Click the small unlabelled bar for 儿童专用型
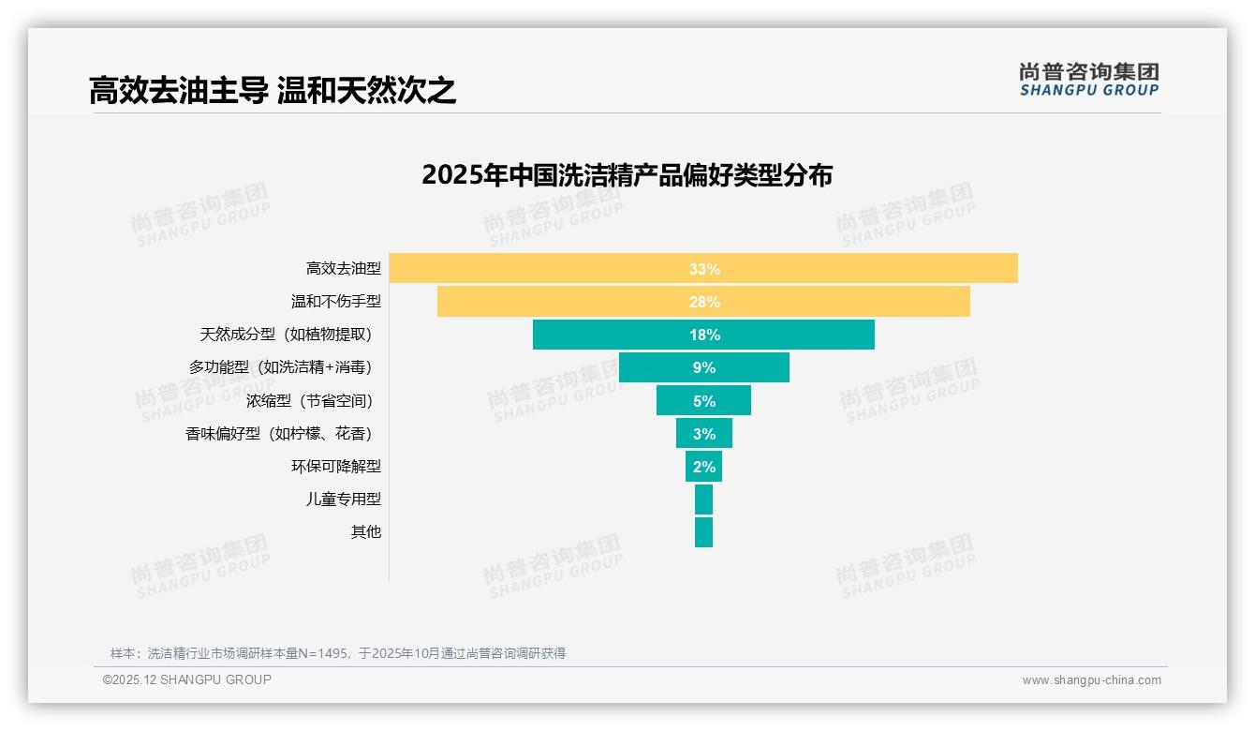click(703, 500)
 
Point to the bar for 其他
click(703, 532)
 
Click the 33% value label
click(704, 269)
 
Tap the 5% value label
click(704, 401)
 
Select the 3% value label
click(704, 434)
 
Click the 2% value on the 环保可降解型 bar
click(704, 467)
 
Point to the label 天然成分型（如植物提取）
click(290, 335)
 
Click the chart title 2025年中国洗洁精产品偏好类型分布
click(627, 175)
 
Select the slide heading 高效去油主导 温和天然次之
click(272, 91)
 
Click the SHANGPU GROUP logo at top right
click(1088, 80)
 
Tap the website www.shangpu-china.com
click(1091, 680)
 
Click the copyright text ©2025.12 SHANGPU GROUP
click(187, 679)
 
